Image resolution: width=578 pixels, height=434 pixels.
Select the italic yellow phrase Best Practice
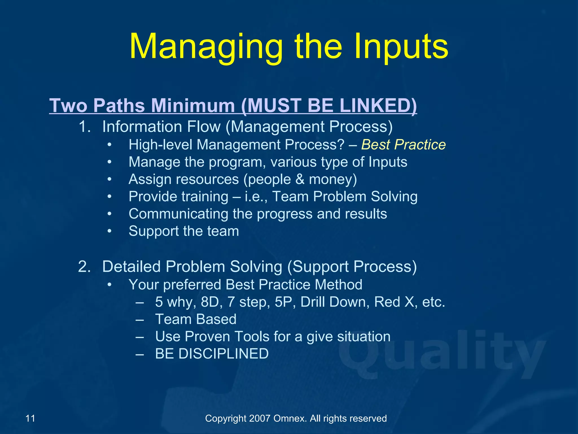tap(403, 145)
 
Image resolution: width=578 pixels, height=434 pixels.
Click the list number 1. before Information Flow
tap(84, 127)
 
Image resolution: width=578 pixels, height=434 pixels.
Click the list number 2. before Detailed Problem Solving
tap(84, 266)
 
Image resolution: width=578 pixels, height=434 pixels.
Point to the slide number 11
tap(30, 418)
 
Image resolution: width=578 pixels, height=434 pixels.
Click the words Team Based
tap(196, 319)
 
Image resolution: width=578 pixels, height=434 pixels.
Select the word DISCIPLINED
tap(223, 354)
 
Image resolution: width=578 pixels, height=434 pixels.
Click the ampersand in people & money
tap(300, 179)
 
